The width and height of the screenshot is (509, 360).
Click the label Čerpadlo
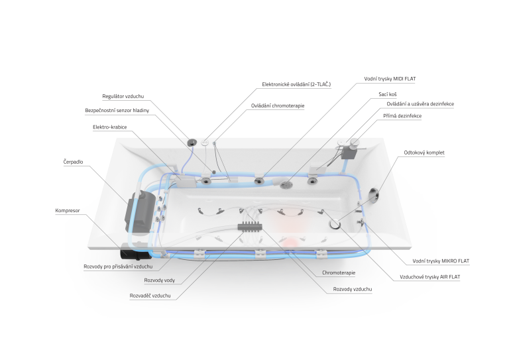[73, 162]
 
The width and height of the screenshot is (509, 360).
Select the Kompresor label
[67, 211]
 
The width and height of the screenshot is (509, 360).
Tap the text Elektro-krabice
[110, 127]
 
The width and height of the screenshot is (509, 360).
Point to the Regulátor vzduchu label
[123, 96]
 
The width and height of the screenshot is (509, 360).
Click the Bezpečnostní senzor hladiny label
[117, 111]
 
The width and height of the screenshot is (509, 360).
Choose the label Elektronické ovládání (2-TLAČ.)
[296, 84]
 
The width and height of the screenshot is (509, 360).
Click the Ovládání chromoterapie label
[278, 106]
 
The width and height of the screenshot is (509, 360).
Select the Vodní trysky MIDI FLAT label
[390, 79]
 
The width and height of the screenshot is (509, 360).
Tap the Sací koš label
[388, 94]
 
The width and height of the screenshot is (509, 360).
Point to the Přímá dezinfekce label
[402, 116]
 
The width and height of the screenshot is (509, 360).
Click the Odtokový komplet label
[424, 152]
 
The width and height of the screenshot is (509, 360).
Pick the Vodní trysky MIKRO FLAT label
[441, 261]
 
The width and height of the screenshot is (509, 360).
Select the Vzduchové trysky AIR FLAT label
[429, 277]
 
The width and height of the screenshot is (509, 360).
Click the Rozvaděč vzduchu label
[150, 296]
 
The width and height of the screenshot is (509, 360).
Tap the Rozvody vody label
[159, 280]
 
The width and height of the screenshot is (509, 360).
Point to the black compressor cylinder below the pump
[135, 252]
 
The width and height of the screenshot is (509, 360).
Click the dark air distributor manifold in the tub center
[249, 226]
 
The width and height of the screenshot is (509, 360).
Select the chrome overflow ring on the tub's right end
[374, 196]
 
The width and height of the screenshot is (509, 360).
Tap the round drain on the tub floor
[334, 224]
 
